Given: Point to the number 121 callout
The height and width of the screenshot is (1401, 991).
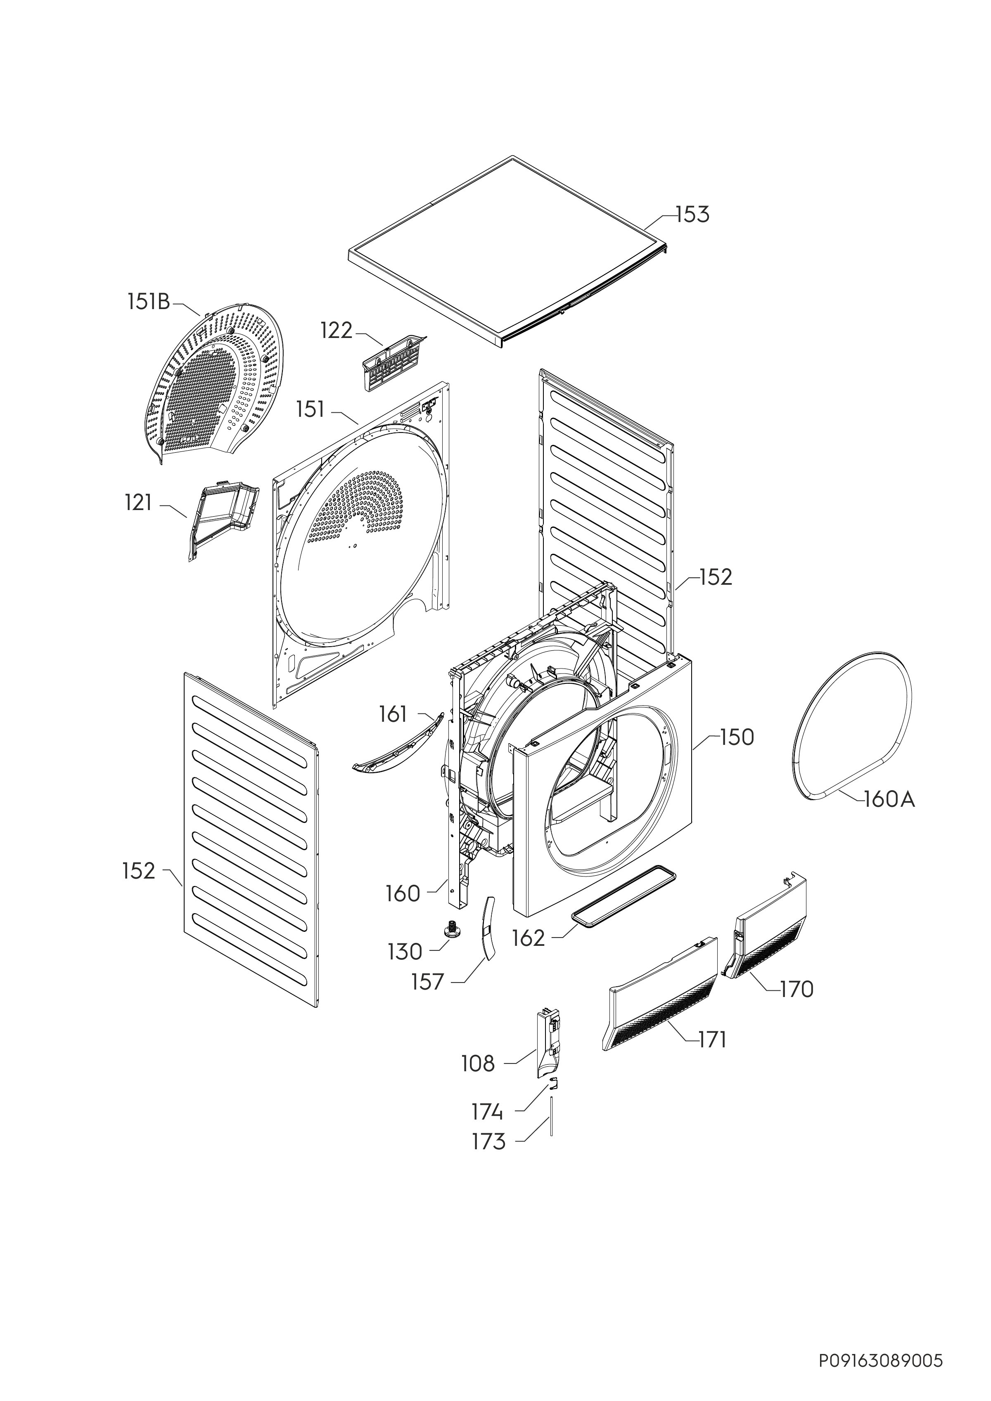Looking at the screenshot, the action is (x=138, y=503).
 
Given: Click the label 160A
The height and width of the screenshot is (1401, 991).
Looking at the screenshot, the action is (x=890, y=799).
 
